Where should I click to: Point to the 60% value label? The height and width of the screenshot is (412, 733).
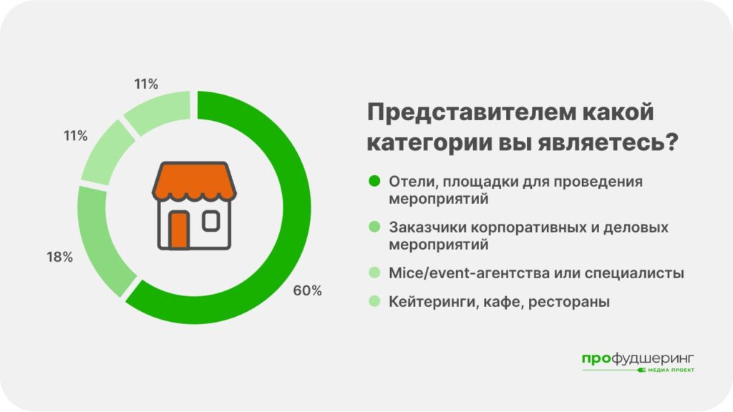(308, 290)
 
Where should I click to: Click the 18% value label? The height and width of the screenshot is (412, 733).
(60, 257)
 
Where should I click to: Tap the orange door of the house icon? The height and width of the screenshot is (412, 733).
(179, 230)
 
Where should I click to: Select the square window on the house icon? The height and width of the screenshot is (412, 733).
(211, 221)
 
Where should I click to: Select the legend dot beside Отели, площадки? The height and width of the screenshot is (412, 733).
(374, 181)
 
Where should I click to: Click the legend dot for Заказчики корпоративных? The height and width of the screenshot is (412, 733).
(374, 227)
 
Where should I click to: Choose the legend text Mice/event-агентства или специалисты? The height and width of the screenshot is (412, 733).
(536, 273)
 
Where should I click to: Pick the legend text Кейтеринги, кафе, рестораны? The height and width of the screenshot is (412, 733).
(499, 302)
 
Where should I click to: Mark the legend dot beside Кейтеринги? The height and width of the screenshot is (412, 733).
(374, 301)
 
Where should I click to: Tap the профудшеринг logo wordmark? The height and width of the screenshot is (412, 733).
(638, 359)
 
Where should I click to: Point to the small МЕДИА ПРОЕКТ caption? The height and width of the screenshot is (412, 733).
(671, 370)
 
